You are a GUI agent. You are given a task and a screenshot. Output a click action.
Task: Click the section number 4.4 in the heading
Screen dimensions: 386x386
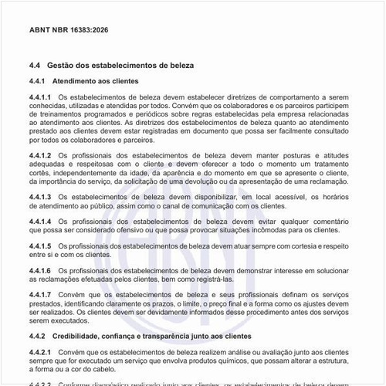pos(34,66)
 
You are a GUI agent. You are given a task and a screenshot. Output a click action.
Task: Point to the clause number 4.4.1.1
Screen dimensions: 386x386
pos(39,96)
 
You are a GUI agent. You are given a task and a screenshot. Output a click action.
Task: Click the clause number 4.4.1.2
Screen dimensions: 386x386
pos(39,155)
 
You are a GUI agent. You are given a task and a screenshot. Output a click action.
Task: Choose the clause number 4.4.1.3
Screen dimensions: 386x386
pos(39,197)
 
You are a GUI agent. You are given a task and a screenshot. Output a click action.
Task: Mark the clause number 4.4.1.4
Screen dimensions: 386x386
pos(39,221)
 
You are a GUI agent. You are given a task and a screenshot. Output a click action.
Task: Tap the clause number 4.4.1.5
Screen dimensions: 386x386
pos(39,245)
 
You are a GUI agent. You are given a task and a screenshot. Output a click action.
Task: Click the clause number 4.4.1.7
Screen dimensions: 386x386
pos(39,294)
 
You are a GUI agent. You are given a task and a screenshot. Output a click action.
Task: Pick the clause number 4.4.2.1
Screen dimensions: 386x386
pos(39,352)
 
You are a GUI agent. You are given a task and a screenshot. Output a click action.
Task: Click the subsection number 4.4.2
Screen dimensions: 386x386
pos(36,337)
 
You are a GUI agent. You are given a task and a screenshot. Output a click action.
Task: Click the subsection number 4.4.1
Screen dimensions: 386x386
pos(36,81)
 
